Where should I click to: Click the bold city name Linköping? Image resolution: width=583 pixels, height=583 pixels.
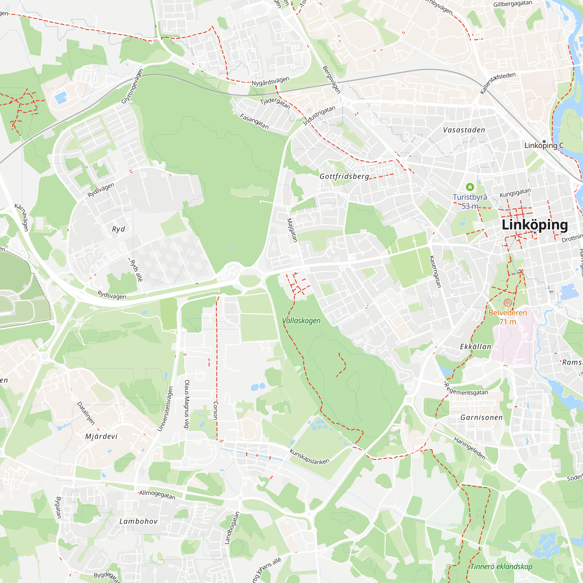tap(534, 225)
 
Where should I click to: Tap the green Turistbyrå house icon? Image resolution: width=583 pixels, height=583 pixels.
tap(470, 187)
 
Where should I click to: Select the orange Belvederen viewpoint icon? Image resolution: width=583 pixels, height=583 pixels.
tap(508, 302)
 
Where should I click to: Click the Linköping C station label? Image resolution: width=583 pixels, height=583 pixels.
tap(544, 145)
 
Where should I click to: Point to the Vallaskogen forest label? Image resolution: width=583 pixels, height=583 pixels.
tap(301, 320)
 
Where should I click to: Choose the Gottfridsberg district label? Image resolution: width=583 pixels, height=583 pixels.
tap(344, 176)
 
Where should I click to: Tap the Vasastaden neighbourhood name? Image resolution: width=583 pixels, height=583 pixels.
tap(464, 130)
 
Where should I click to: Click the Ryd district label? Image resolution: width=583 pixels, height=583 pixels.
tap(118, 229)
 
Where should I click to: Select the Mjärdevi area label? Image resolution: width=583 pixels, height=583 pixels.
tap(101, 436)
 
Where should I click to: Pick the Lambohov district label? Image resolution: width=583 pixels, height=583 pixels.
tap(138, 521)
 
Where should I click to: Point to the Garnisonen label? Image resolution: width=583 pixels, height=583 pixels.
tap(482, 418)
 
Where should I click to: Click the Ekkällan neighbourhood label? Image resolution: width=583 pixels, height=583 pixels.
tap(475, 347)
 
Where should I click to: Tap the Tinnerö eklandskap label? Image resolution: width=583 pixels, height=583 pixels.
tap(501, 566)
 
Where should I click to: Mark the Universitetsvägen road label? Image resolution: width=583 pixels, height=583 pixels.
tap(165, 409)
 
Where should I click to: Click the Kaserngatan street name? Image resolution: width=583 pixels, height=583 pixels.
tap(435, 272)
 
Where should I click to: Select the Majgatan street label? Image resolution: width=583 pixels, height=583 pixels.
tap(292, 230)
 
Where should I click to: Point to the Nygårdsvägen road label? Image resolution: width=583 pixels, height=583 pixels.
tap(271, 81)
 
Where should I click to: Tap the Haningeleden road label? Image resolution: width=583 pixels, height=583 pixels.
tap(470, 448)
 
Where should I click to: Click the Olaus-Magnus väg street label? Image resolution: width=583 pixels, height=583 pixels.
tap(187, 404)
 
